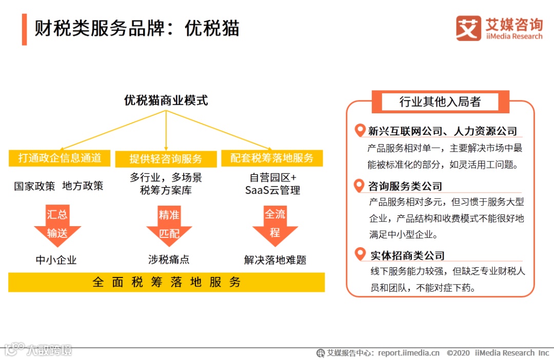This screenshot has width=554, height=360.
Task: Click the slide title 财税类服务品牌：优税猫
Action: [x=137, y=29]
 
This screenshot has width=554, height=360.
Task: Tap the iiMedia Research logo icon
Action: [x=468, y=28]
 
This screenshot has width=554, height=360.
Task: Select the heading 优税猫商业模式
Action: [x=166, y=100]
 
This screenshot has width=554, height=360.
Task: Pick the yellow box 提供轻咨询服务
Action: [x=166, y=158]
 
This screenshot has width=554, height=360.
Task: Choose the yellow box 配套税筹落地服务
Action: [x=272, y=158]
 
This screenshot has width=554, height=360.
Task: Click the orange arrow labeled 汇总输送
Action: [x=57, y=225]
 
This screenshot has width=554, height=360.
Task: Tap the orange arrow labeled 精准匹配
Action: [x=169, y=225]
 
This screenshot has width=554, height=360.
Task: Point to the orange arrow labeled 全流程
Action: [x=275, y=224]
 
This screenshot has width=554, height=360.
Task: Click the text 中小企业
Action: [x=56, y=260]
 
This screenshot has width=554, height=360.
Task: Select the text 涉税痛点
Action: [x=169, y=259]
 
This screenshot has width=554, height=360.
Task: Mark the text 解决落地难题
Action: [x=275, y=260]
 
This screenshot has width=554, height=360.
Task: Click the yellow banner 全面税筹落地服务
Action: [x=166, y=282]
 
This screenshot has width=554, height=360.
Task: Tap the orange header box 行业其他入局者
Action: [x=440, y=102]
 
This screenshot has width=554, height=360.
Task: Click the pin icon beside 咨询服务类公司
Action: [x=360, y=185]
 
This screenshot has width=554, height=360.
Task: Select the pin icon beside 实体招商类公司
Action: [x=360, y=254]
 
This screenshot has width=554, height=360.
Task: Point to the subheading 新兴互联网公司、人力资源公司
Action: [x=443, y=131]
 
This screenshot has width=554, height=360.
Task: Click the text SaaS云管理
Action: [x=272, y=190]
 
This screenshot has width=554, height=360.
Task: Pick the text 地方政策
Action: [x=83, y=186]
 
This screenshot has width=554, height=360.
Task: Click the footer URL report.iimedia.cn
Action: [x=409, y=353]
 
